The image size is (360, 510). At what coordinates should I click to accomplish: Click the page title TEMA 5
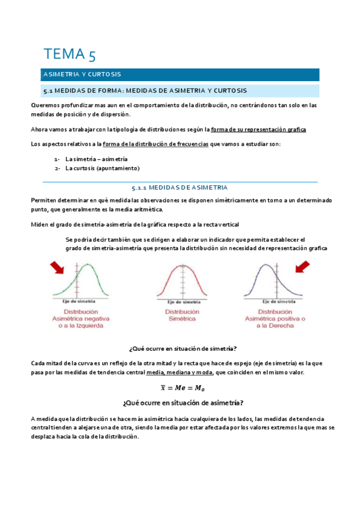click(69, 54)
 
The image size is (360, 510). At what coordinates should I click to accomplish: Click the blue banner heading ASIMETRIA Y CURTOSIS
click(82, 75)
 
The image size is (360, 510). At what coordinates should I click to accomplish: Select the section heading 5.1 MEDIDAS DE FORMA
click(144, 91)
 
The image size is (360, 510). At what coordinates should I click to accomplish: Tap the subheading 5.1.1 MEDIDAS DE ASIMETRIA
click(180, 188)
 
